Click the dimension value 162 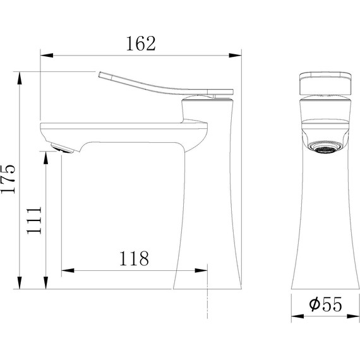[x=141, y=44]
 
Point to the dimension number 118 [x=133, y=258]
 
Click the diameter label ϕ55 [x=326, y=305]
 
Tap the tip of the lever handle [x=101, y=74]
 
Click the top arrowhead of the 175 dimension [x=21, y=76]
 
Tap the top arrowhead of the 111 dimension [x=46, y=156]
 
